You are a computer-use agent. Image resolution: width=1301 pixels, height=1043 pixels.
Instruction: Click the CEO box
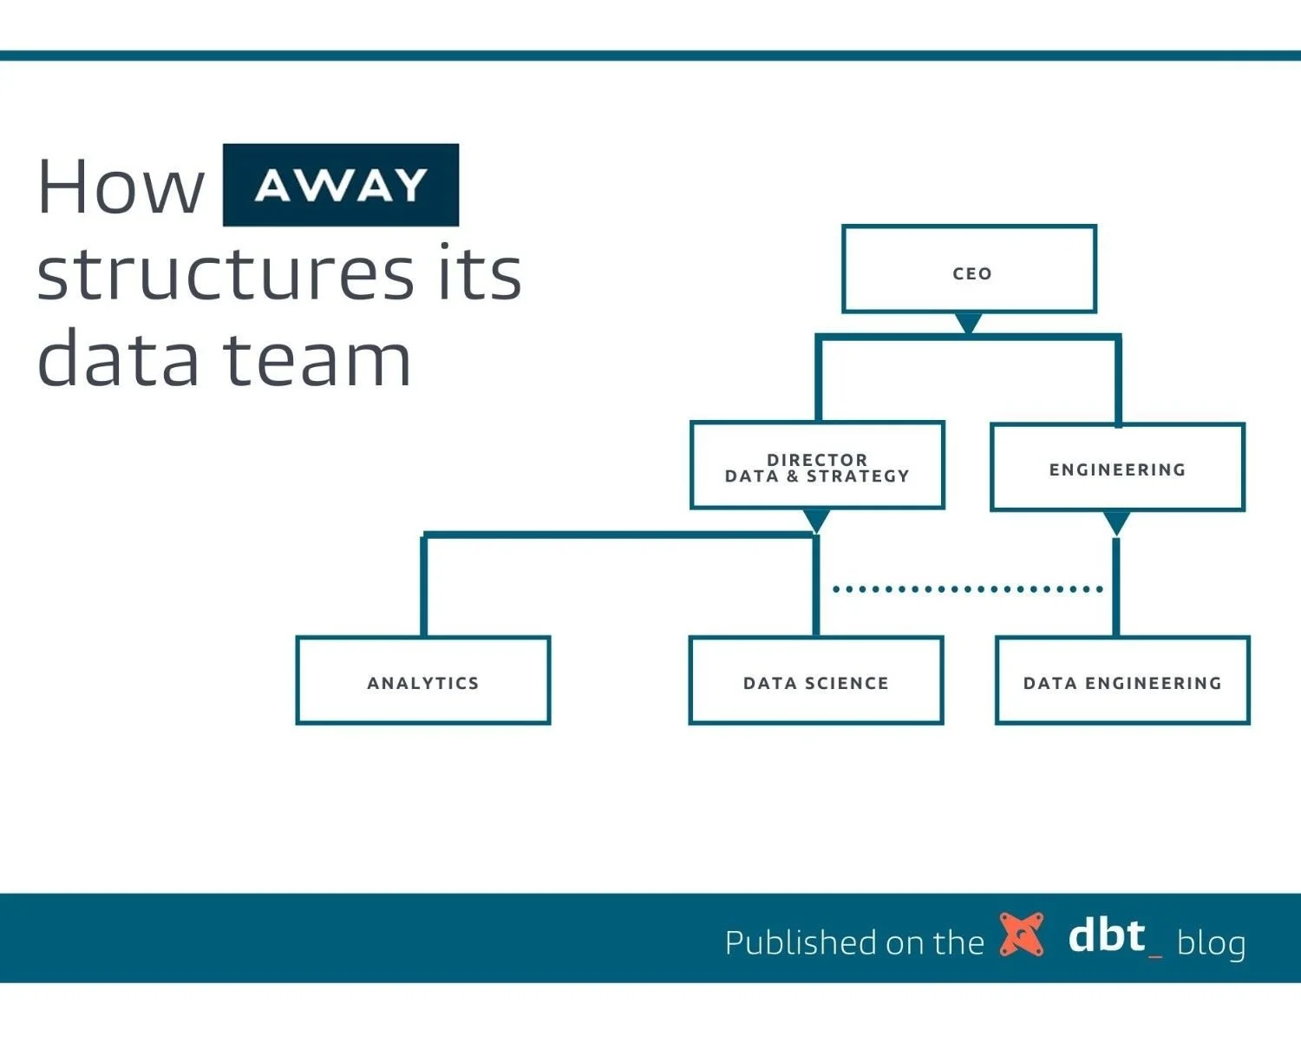(x=969, y=269)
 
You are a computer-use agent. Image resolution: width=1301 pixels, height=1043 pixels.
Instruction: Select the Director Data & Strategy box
(x=816, y=466)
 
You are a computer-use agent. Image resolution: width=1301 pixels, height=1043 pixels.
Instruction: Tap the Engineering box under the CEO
(x=1117, y=468)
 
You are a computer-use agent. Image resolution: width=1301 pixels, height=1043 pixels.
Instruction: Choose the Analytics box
(x=422, y=680)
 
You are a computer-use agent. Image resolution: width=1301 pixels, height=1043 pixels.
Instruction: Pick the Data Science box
(x=815, y=680)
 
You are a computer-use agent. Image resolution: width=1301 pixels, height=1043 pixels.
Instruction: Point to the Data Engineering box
(x=1121, y=680)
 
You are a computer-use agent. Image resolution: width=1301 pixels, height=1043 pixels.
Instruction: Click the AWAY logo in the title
(x=340, y=185)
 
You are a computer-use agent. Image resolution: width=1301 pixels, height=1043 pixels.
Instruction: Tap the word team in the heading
(x=317, y=360)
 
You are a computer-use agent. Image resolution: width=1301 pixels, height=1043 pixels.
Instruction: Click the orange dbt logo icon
(x=1021, y=935)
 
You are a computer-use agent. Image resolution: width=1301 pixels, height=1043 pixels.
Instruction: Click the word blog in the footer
(x=1211, y=942)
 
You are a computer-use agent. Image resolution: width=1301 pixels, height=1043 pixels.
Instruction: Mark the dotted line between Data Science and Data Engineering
(x=966, y=589)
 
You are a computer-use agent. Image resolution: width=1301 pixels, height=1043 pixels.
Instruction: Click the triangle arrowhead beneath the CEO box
(x=968, y=322)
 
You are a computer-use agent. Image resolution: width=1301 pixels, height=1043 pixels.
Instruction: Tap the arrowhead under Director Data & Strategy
(x=815, y=519)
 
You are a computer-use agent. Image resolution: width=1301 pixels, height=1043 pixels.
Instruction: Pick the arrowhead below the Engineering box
(x=1116, y=521)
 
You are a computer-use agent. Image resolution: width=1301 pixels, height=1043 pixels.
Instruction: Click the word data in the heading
(x=118, y=360)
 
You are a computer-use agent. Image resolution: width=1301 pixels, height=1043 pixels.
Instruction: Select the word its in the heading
(x=480, y=273)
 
